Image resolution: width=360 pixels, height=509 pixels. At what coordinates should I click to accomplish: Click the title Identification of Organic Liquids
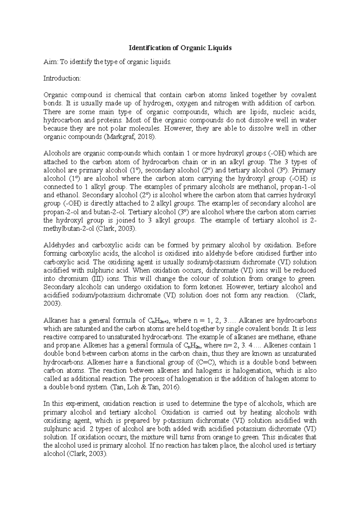tap(180, 48)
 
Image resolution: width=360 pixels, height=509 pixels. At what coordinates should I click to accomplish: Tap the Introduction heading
tap(62, 79)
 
